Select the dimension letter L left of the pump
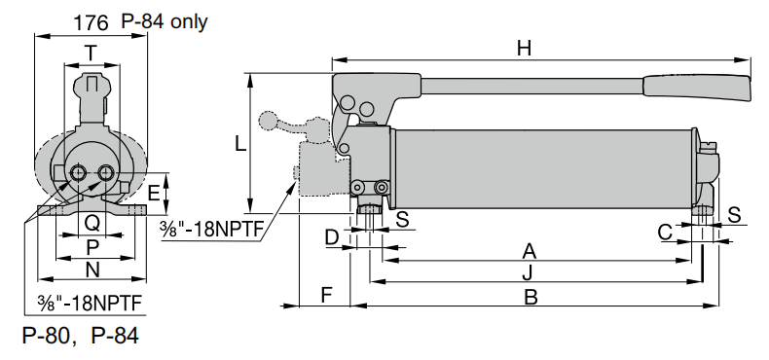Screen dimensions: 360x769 (240, 143)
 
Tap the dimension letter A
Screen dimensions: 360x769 (530, 249)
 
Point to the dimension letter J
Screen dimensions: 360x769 (527, 272)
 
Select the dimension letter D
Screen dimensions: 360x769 (331, 236)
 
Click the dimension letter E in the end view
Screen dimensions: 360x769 (154, 193)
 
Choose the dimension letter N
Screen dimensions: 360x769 (92, 270)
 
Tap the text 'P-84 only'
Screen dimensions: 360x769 (165, 21)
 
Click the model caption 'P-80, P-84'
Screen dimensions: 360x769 (80, 337)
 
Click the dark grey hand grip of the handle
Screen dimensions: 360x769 (696, 88)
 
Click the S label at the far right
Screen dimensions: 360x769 (735, 213)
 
